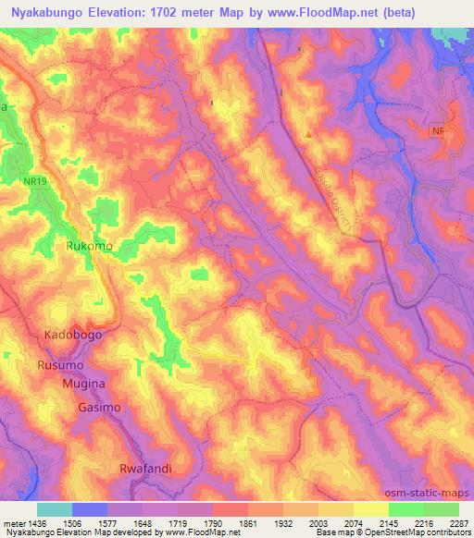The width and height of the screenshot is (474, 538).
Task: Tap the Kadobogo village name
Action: point(72,334)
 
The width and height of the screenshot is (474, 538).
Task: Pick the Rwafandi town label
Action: point(146,469)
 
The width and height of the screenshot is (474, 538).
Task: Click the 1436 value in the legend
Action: point(36,521)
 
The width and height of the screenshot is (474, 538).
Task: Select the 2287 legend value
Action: point(458,521)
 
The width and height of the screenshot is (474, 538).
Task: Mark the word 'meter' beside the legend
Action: point(13,521)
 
